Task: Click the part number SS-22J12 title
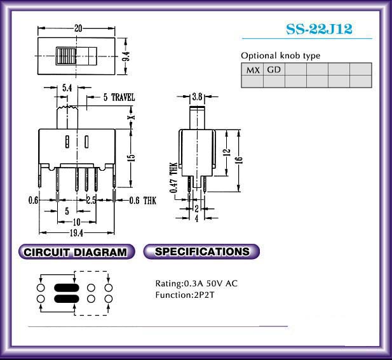[319, 29]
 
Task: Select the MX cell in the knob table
[252, 69]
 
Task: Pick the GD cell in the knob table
[274, 69]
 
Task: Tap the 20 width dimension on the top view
[78, 28]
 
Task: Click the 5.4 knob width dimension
[67, 88]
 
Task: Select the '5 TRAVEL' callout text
[119, 97]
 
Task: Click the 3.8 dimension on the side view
[197, 97]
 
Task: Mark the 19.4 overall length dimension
[76, 233]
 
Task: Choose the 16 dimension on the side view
[239, 160]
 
